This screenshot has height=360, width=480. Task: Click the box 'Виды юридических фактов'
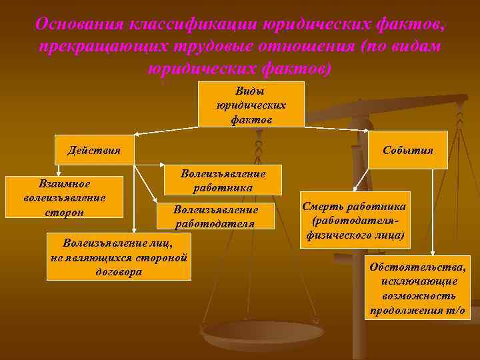pyautogui.click(x=251, y=104)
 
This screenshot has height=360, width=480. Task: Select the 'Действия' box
pyautogui.click(x=94, y=150)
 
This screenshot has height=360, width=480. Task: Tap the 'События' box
pyautogui.click(x=408, y=150)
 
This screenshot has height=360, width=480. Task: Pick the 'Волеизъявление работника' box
pyautogui.click(x=223, y=181)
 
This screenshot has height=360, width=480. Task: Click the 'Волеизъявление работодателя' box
pyautogui.click(x=215, y=215)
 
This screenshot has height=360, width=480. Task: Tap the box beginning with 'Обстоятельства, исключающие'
pyautogui.click(x=418, y=287)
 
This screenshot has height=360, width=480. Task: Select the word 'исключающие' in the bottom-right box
pyautogui.click(x=419, y=281)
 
